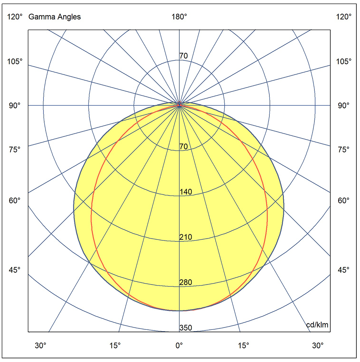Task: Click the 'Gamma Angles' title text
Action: pos(54,17)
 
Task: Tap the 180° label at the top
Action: pos(179,17)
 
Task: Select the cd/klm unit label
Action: pos(317,325)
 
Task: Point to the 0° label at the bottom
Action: pos(179,345)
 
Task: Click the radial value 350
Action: pos(186,328)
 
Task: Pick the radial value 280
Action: pos(186,282)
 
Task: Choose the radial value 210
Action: pos(186,237)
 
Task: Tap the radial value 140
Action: pos(186,192)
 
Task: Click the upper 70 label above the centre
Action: pos(184,56)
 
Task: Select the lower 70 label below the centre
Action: pos(184,147)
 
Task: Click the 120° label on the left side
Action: pos(15,17)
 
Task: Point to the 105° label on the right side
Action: pos(343,61)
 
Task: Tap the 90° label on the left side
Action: pos(15,105)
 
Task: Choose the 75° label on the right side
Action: pos(343,149)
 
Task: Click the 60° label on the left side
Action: pos(15,200)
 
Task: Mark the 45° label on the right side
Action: pos(343,270)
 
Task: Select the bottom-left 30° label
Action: pos(41,345)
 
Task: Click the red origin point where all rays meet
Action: pos(179,105)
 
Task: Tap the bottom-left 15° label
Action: pos(115,345)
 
